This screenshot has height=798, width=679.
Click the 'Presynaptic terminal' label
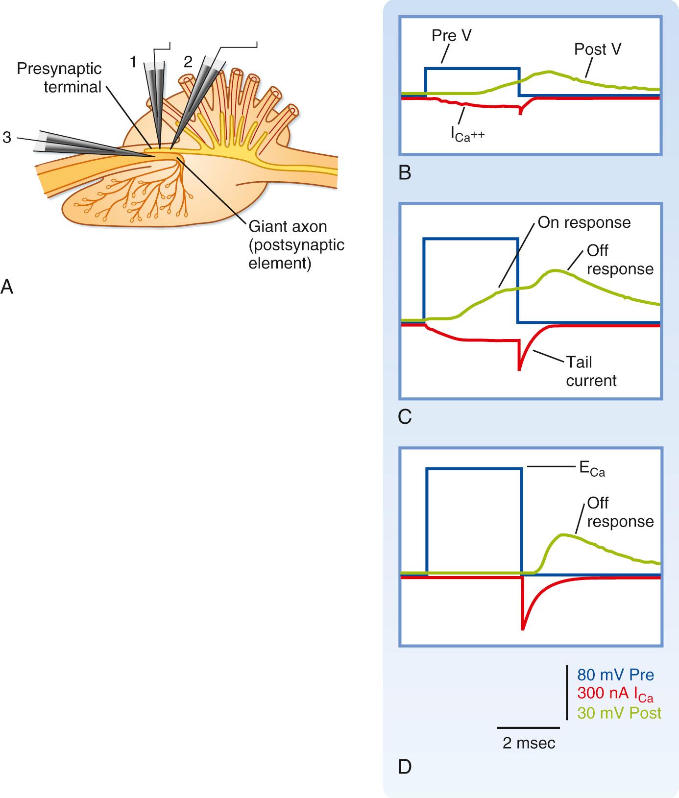[x=59, y=77]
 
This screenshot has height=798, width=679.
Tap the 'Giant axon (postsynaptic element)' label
[x=296, y=245]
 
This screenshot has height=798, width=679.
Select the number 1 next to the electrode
[x=133, y=62]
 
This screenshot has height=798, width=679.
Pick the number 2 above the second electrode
[x=188, y=61]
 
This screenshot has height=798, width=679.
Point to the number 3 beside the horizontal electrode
[x=6, y=137]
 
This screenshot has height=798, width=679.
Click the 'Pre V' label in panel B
[x=451, y=36]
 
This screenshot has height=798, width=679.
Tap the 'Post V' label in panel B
[x=598, y=49]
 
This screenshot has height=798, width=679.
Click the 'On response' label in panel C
[x=584, y=222]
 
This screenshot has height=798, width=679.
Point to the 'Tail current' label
[x=591, y=371]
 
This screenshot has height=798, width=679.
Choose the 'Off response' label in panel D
[x=620, y=512]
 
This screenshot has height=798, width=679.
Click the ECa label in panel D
[x=592, y=469]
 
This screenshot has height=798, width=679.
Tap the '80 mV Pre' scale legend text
[x=615, y=675]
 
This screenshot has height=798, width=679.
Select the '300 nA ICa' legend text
[x=615, y=694]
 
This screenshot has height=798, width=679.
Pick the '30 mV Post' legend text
[x=619, y=713]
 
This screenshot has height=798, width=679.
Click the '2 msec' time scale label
[x=529, y=743]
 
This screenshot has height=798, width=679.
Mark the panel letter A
[x=7, y=286]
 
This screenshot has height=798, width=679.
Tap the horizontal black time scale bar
[x=528, y=728]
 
